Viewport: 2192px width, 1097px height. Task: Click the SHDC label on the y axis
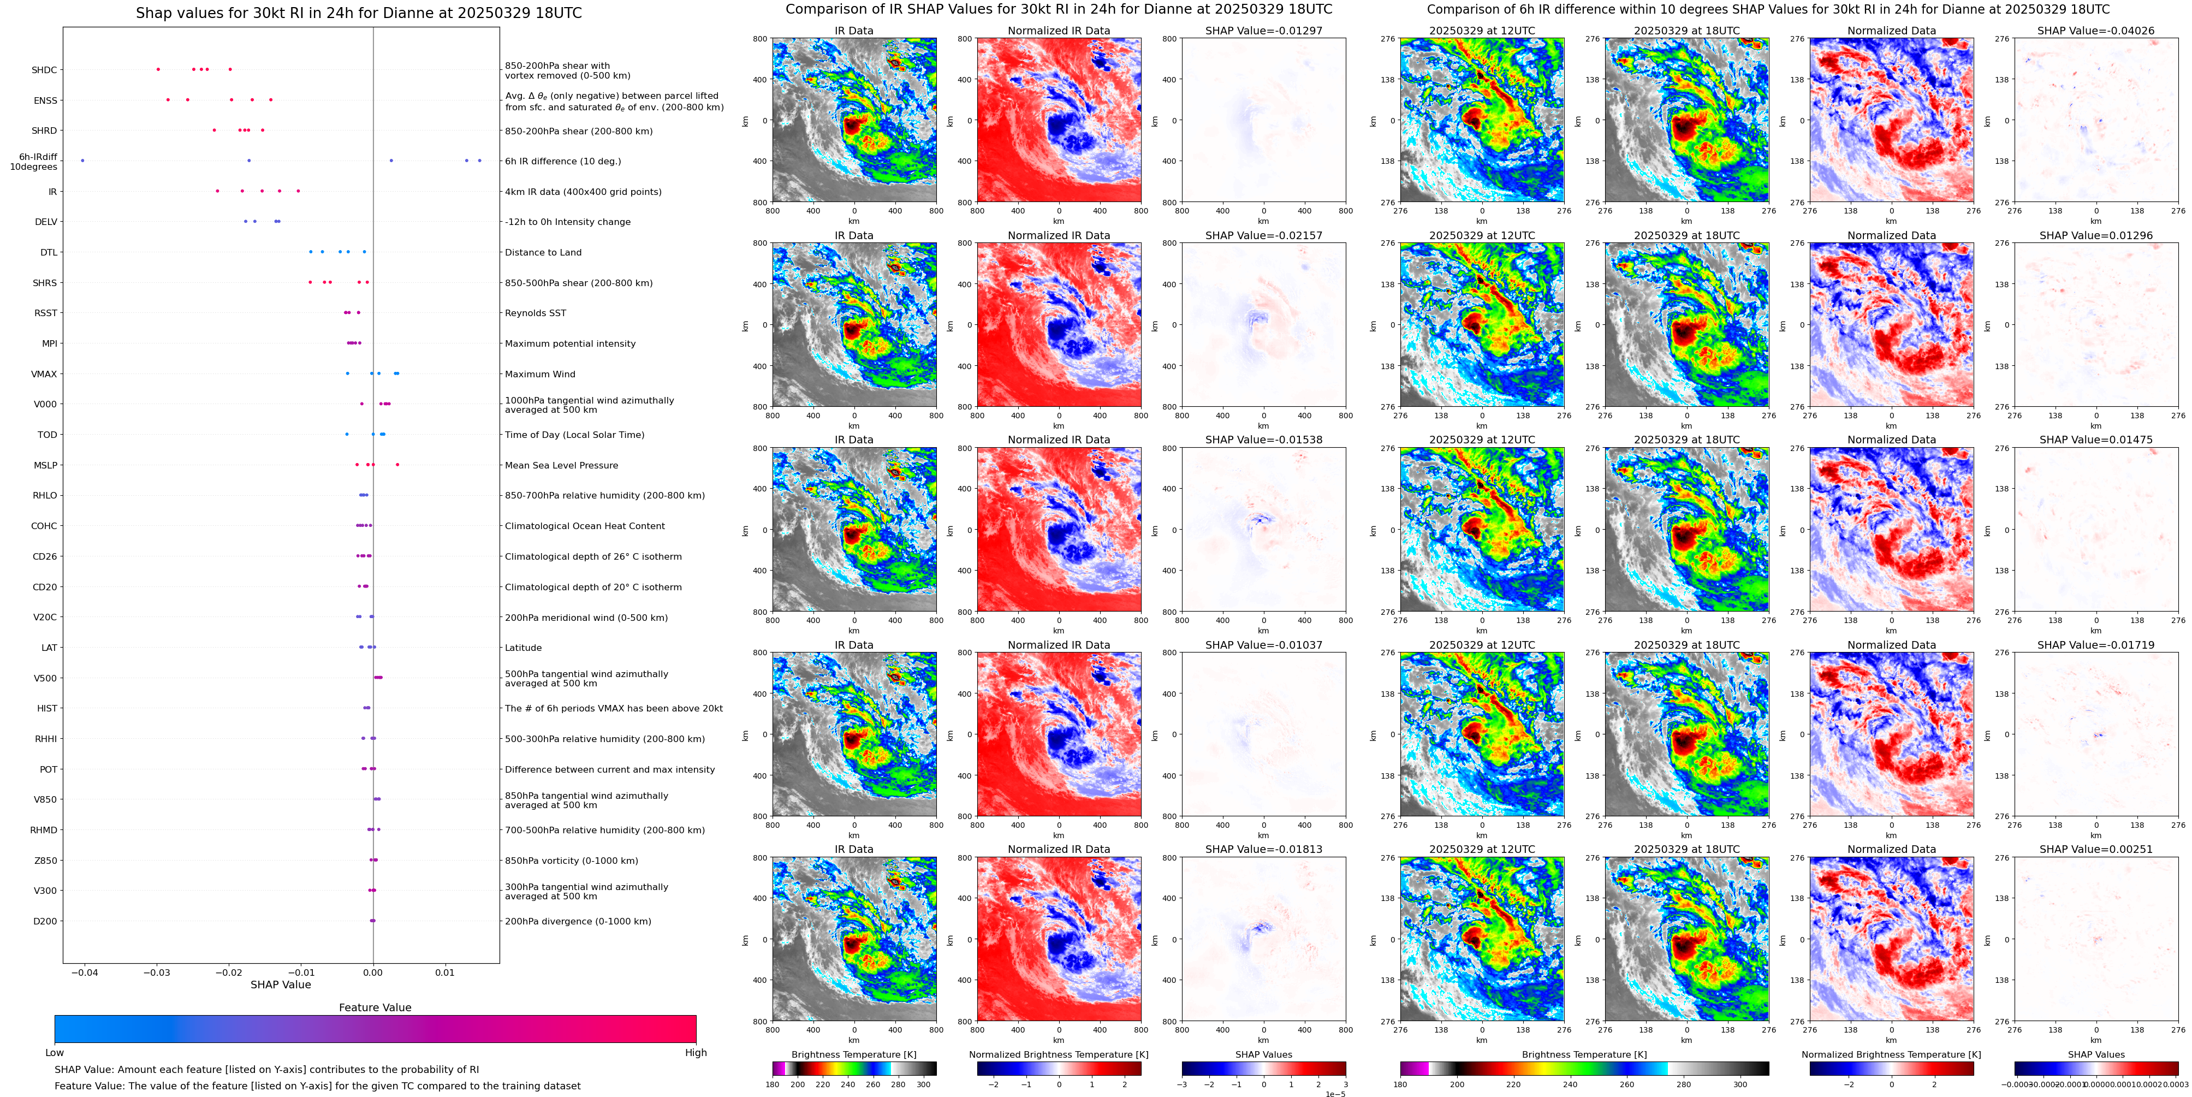tap(44, 70)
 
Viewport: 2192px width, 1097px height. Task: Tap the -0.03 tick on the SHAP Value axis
tap(157, 972)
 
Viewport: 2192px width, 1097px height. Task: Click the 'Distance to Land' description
tap(543, 253)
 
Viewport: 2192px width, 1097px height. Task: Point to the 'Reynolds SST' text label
tap(535, 313)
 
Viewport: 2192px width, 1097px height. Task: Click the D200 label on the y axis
tap(45, 921)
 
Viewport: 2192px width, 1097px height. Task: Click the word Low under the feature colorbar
tap(55, 1053)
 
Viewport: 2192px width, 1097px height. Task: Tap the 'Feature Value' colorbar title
tap(375, 1007)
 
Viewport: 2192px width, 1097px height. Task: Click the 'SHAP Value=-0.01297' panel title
tap(1264, 31)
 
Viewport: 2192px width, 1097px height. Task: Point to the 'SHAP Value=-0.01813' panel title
tap(1264, 849)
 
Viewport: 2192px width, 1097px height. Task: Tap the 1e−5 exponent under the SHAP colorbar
tap(1335, 1094)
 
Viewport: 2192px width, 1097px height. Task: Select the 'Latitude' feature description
tap(524, 648)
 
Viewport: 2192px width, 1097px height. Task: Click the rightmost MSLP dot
tap(397, 465)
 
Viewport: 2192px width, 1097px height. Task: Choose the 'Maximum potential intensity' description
tap(570, 344)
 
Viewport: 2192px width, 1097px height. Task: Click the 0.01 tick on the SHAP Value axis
tap(445, 972)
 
